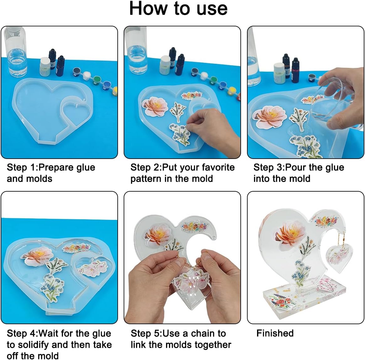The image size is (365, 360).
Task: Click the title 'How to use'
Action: pos(178,8)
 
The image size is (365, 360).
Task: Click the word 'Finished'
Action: pos(275,333)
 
